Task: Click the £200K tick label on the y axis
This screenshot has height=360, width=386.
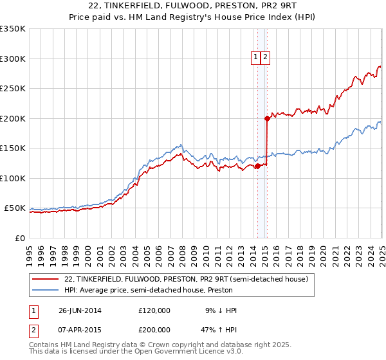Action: coord(13,118)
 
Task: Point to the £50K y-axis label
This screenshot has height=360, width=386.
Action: coord(15,208)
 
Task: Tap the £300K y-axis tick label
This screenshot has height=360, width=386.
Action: coord(13,59)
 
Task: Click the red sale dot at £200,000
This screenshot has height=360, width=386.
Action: coord(266,118)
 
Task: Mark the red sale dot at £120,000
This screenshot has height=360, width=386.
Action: coord(257,166)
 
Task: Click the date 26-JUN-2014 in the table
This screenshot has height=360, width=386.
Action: coord(80,310)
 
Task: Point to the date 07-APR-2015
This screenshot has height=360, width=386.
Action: coord(80,332)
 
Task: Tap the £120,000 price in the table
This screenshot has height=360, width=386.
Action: coord(154,310)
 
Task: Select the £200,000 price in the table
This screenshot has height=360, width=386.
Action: coord(154,332)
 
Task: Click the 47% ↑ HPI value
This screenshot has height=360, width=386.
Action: coord(219,332)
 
